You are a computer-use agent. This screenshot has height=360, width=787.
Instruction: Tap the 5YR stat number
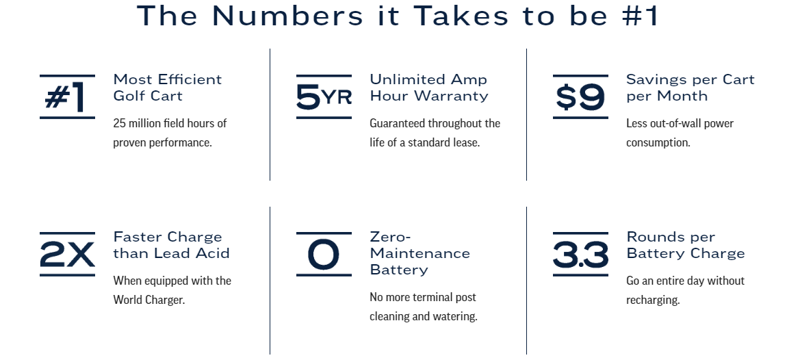point(324,97)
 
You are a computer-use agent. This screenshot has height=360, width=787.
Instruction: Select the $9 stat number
point(580,97)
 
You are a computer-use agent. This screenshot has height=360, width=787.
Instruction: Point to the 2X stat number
point(67,254)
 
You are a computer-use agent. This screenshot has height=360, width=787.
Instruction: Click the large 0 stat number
point(324,254)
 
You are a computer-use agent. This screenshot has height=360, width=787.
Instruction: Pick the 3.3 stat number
point(580,254)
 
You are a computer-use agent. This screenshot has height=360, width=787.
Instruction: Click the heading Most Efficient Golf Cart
point(168,88)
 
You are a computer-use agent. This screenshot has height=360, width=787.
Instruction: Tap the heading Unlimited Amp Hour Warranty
point(429,88)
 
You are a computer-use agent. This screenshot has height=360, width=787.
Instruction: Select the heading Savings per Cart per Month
point(691,88)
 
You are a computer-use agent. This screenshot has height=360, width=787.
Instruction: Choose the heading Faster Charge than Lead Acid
point(171,245)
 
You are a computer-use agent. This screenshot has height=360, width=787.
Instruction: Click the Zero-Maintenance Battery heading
point(420,253)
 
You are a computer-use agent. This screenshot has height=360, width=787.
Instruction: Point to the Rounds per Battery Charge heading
point(686,245)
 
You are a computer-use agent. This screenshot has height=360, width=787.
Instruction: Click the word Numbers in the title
point(287,16)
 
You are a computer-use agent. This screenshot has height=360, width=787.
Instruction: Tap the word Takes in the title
point(461,16)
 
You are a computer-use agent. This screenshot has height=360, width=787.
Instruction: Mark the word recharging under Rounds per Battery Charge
point(653,300)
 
